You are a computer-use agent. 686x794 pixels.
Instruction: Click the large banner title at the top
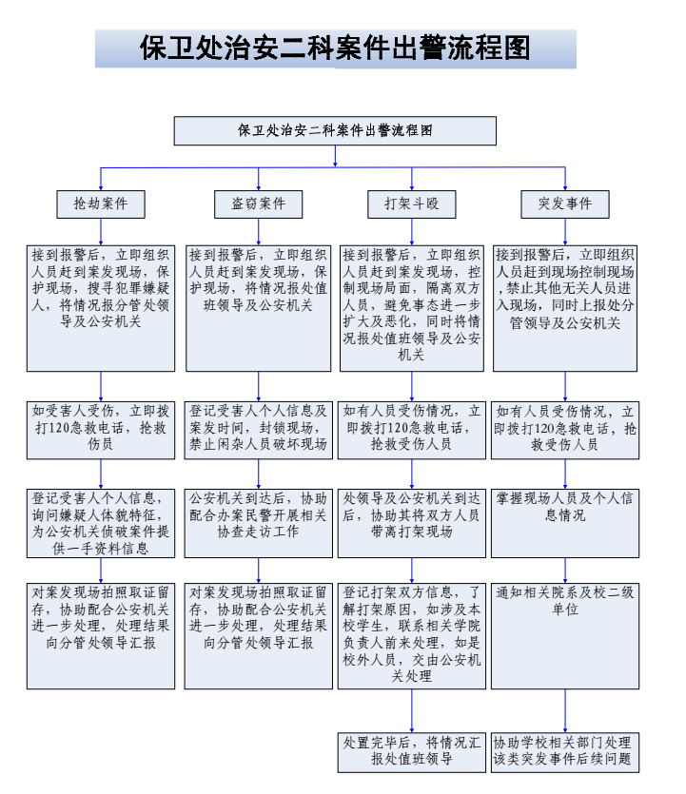(x=336, y=48)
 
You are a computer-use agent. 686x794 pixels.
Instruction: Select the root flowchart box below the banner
(x=335, y=131)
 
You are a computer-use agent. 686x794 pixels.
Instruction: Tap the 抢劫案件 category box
(x=102, y=203)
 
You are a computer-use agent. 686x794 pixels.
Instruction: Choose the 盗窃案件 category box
(x=258, y=203)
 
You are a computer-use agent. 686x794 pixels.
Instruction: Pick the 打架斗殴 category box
(x=412, y=203)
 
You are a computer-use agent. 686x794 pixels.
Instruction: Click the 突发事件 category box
(x=565, y=203)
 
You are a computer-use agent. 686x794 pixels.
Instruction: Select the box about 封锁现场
(x=258, y=428)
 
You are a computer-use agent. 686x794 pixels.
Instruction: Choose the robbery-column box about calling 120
(x=102, y=428)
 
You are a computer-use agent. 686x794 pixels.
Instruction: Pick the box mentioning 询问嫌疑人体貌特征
(x=102, y=523)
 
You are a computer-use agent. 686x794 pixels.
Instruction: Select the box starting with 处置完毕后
(x=412, y=751)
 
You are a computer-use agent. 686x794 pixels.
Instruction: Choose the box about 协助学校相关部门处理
(x=565, y=751)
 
